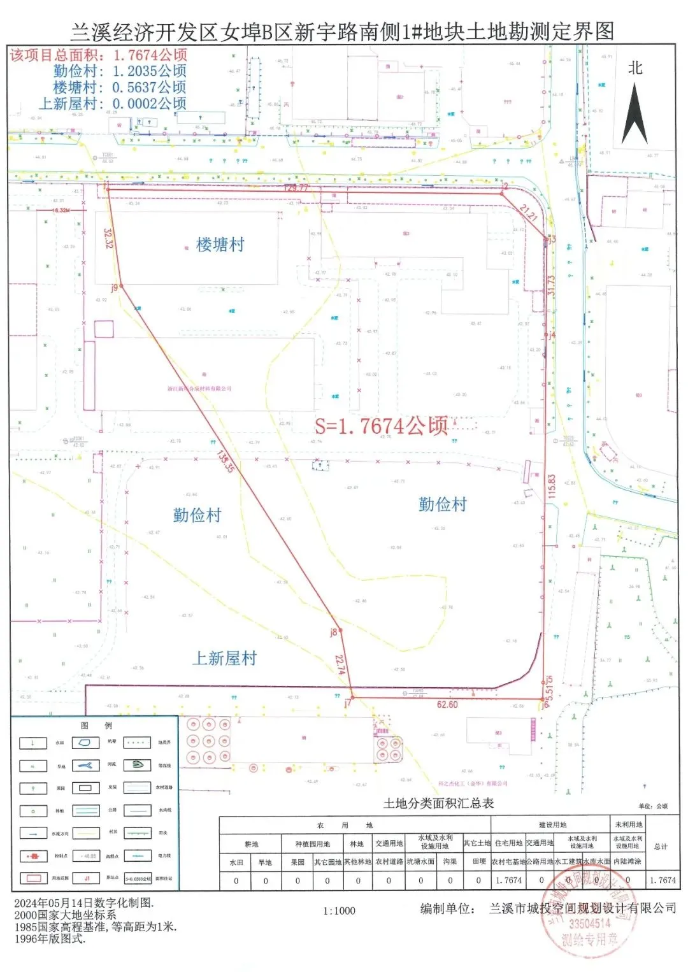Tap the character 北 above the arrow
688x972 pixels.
tap(634, 68)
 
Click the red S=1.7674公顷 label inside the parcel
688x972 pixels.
tap(382, 425)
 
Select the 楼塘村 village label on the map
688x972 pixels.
tap(220, 245)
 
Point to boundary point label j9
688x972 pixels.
tap(115, 287)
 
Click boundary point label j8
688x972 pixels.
tap(333, 632)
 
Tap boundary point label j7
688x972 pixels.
tap(347, 703)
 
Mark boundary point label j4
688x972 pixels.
tap(552, 334)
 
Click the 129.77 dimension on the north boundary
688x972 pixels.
tap(296, 188)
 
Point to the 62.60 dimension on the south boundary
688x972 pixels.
tap(447, 704)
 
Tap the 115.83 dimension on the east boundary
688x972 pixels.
tap(552, 486)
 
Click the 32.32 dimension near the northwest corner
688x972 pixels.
tap(108, 238)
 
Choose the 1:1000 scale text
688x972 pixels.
tap(339, 911)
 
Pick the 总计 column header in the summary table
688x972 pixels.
tap(661, 847)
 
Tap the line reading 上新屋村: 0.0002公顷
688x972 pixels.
tap(113, 103)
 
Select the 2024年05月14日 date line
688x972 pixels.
tap(83, 903)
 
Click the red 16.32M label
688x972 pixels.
tap(61, 210)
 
